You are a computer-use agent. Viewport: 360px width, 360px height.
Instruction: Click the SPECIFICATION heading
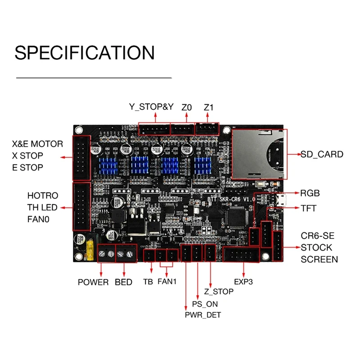point(85,52)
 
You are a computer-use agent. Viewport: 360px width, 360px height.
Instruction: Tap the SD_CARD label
point(322,154)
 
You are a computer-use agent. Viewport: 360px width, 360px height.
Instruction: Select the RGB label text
point(310,193)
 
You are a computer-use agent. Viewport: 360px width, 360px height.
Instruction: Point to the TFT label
point(308,208)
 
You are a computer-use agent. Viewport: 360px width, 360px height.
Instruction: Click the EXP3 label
point(243,282)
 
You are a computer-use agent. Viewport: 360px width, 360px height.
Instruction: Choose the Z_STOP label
point(218,292)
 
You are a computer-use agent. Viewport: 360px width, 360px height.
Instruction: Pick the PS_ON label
point(205,304)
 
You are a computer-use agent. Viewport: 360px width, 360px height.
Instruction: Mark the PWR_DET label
point(203,315)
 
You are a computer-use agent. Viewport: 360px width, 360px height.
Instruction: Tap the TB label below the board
point(148,282)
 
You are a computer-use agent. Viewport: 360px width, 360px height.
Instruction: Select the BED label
point(123,282)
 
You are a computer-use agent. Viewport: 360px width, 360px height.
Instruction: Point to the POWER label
point(93,282)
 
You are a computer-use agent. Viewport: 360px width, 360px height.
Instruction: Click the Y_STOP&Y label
point(152,108)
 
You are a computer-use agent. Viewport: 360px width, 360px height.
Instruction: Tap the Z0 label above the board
point(187,108)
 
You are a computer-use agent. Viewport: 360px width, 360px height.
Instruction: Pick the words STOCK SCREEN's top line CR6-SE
point(318,236)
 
